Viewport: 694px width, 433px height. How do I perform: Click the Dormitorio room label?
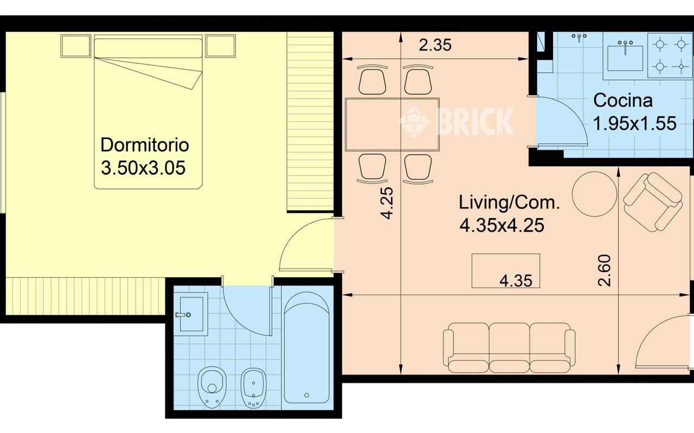(145, 145)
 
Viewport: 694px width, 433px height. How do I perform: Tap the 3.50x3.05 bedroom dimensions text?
(143, 168)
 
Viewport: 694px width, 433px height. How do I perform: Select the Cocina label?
(623, 101)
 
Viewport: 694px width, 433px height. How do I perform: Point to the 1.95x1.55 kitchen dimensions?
(634, 123)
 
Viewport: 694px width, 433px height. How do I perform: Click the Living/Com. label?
(509, 202)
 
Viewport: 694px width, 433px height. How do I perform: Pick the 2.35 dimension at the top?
(435, 45)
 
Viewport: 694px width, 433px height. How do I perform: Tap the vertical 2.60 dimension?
(605, 270)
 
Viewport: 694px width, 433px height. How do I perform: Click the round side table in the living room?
(594, 194)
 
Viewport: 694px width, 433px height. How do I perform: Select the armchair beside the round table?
(653, 202)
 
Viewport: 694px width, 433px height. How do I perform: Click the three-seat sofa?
(509, 347)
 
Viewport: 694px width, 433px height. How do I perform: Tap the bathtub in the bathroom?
(307, 347)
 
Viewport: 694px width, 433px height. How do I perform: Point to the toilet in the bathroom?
(212, 386)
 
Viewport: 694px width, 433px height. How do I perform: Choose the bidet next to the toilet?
(253, 388)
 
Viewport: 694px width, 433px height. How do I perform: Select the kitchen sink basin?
(625, 58)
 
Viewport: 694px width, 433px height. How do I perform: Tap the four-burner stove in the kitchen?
(670, 55)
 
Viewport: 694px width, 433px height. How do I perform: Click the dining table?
(392, 124)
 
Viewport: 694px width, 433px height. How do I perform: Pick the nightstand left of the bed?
(76, 46)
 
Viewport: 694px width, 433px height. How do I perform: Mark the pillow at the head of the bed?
(148, 48)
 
